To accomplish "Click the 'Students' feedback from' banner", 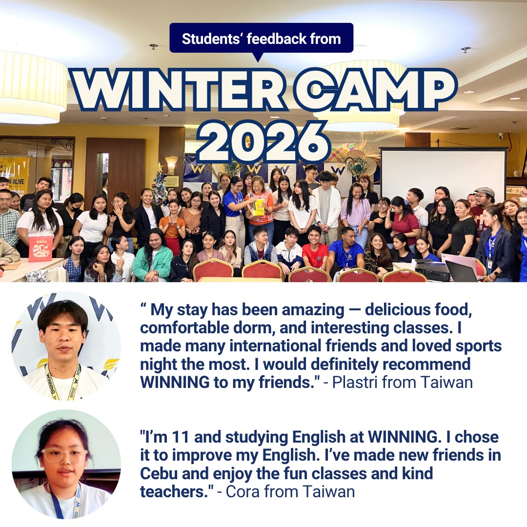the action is click(261, 38).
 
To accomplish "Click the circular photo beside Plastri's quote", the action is click(66, 346).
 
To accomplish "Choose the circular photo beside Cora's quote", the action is click(66, 464).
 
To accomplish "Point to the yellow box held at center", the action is click(259, 207).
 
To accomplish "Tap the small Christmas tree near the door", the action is click(159, 184).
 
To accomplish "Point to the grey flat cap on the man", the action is click(485, 192).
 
